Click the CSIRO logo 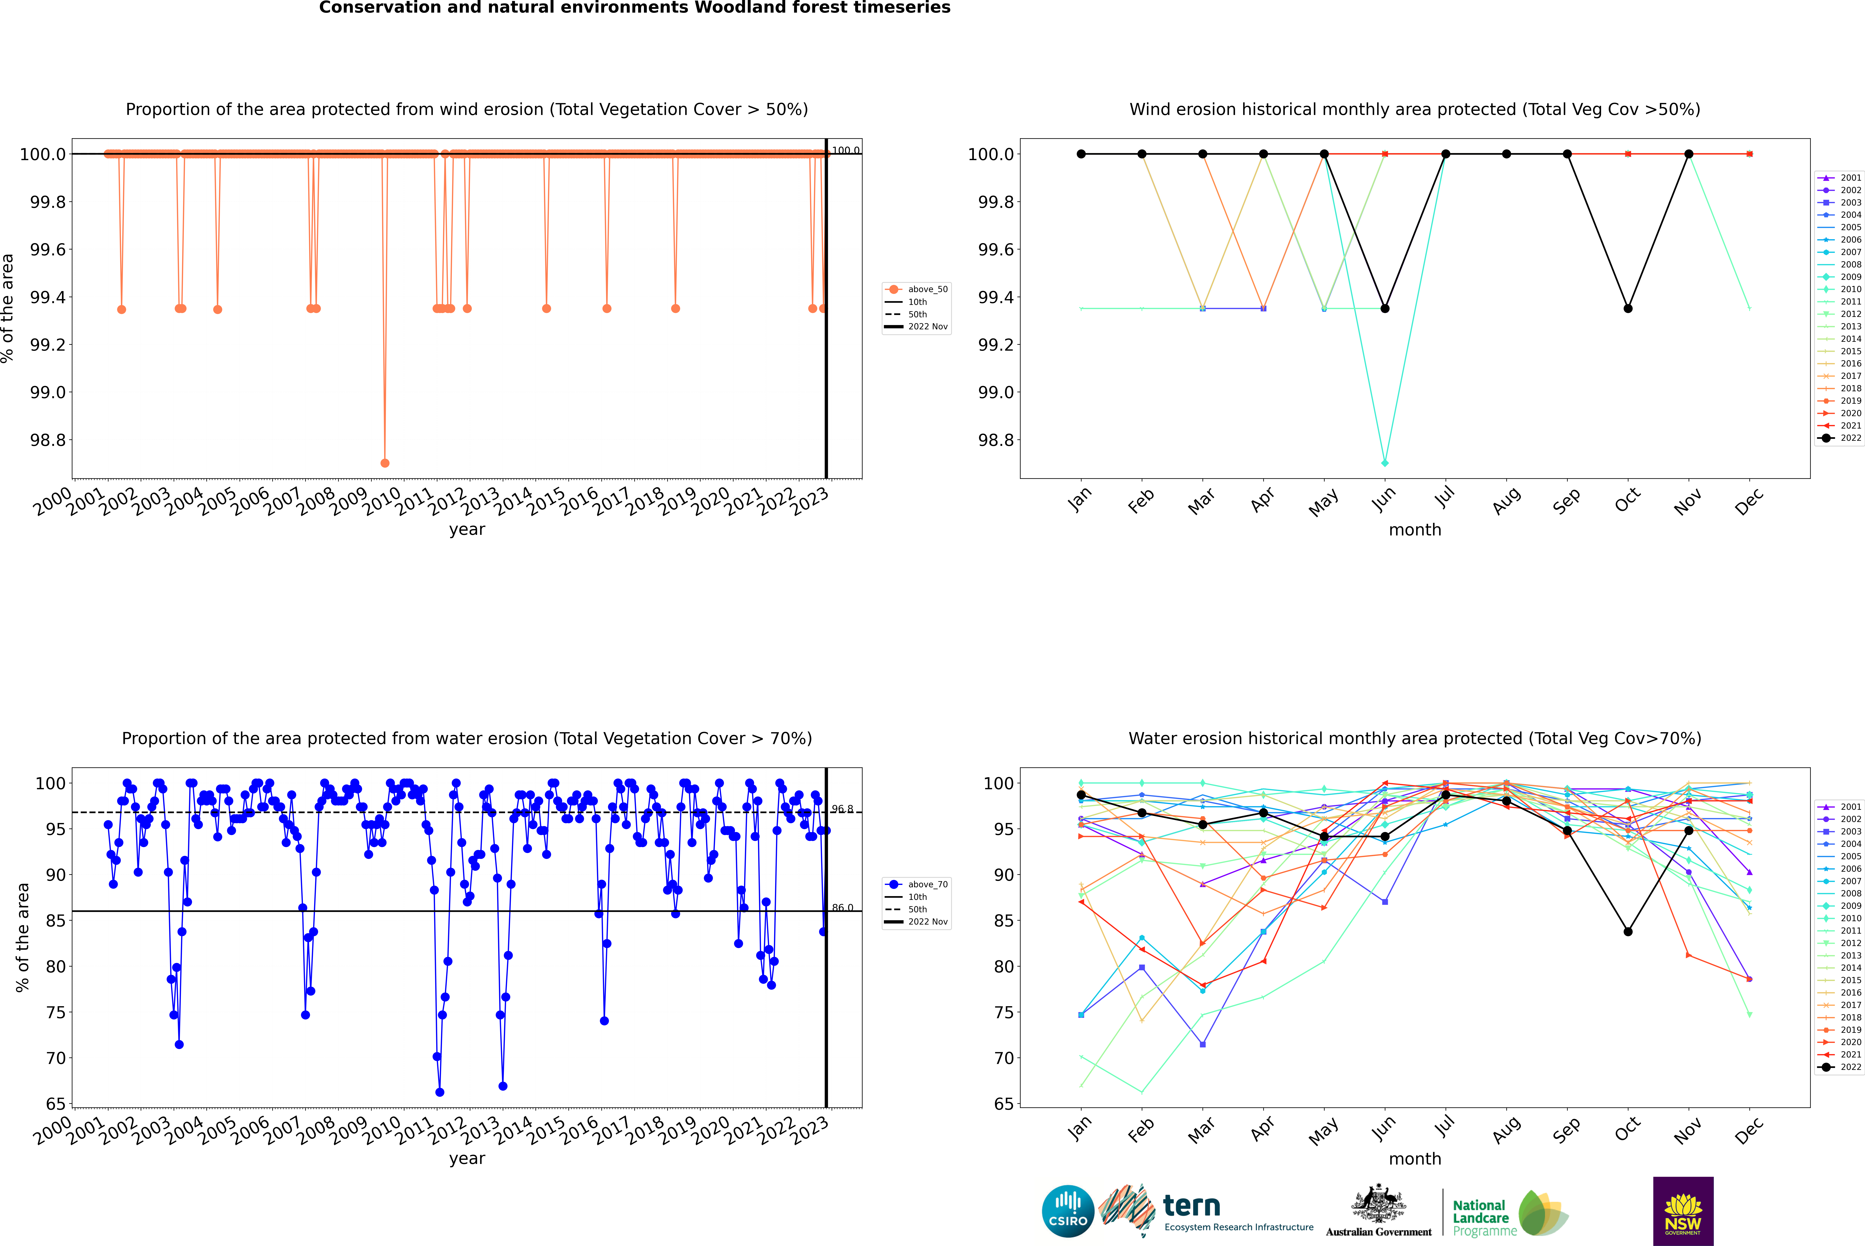tap(1068, 1211)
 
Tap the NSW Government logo tap(1683, 1211)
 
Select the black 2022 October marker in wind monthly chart tap(1628, 308)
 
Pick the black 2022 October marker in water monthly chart tap(1628, 931)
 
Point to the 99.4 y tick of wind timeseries tap(48, 297)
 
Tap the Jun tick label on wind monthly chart tap(1384, 500)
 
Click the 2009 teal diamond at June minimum tap(1385, 462)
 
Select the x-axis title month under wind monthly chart tap(1415, 530)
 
